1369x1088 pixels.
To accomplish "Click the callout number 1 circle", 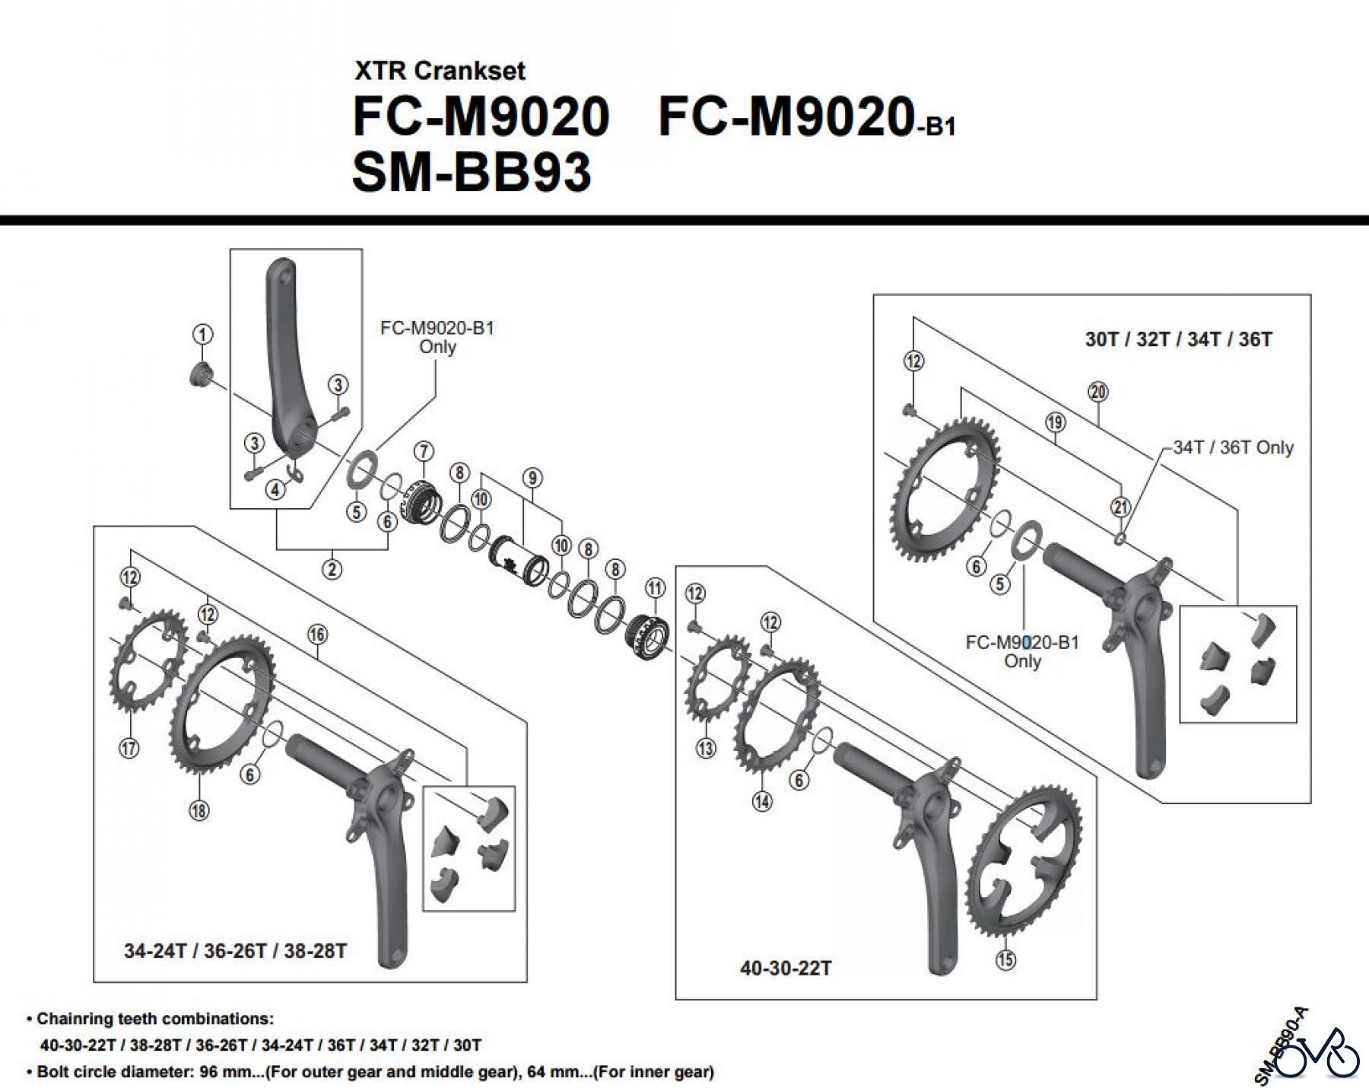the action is (202, 334).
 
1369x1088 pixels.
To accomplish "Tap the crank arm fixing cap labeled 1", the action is (200, 375).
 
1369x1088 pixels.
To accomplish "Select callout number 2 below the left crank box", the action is (332, 568).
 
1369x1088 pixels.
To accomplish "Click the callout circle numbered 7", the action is (424, 450).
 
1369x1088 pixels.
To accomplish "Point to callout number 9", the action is (532, 478).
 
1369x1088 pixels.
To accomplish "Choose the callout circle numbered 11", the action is (655, 587).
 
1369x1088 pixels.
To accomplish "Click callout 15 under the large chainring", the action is (1005, 959).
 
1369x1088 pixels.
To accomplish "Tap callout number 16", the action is (318, 634).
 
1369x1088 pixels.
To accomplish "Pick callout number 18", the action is (199, 810).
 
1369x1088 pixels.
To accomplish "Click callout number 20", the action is (1098, 392).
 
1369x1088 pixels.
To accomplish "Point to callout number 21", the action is (1121, 507).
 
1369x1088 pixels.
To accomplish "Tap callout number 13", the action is (706, 748).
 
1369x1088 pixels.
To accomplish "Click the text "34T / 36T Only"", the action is (1233, 447).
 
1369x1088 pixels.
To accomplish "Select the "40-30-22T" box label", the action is (786, 968).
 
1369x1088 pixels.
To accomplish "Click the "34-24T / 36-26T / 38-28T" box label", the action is (236, 951).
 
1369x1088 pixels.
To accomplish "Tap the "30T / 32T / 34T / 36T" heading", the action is (1178, 339).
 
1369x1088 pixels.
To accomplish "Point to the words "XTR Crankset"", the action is (440, 71).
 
